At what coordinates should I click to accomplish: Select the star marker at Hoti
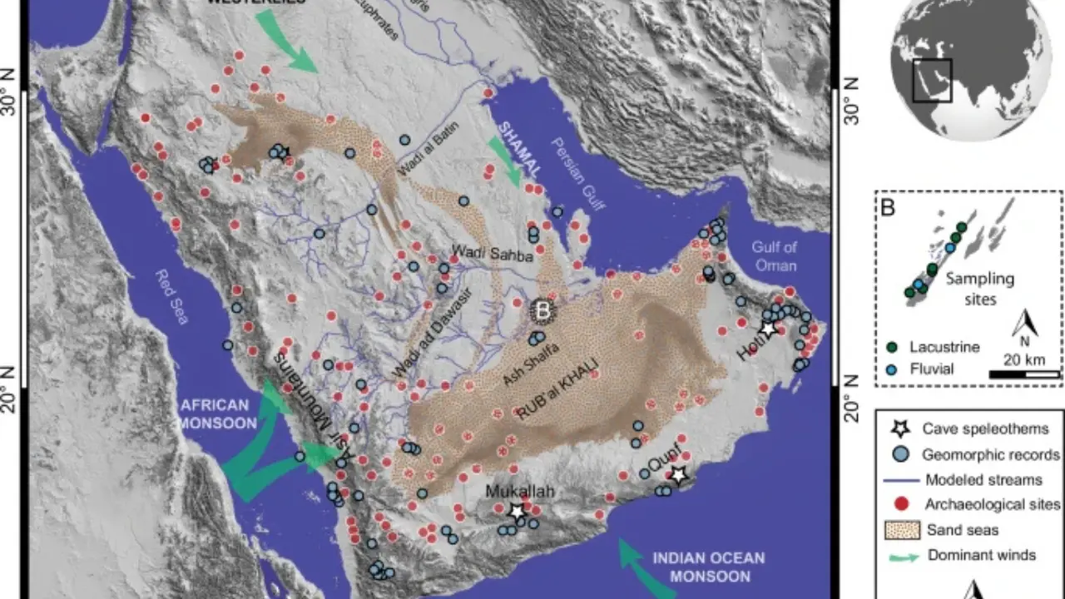767,329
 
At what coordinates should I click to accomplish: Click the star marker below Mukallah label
517,511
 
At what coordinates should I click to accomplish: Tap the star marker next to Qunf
679,475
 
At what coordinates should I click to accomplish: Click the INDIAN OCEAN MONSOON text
707,567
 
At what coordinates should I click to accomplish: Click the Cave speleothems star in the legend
899,429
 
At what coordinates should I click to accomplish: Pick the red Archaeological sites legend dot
899,504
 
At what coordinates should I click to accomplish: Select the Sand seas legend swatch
899,530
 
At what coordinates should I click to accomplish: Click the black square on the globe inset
932,81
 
